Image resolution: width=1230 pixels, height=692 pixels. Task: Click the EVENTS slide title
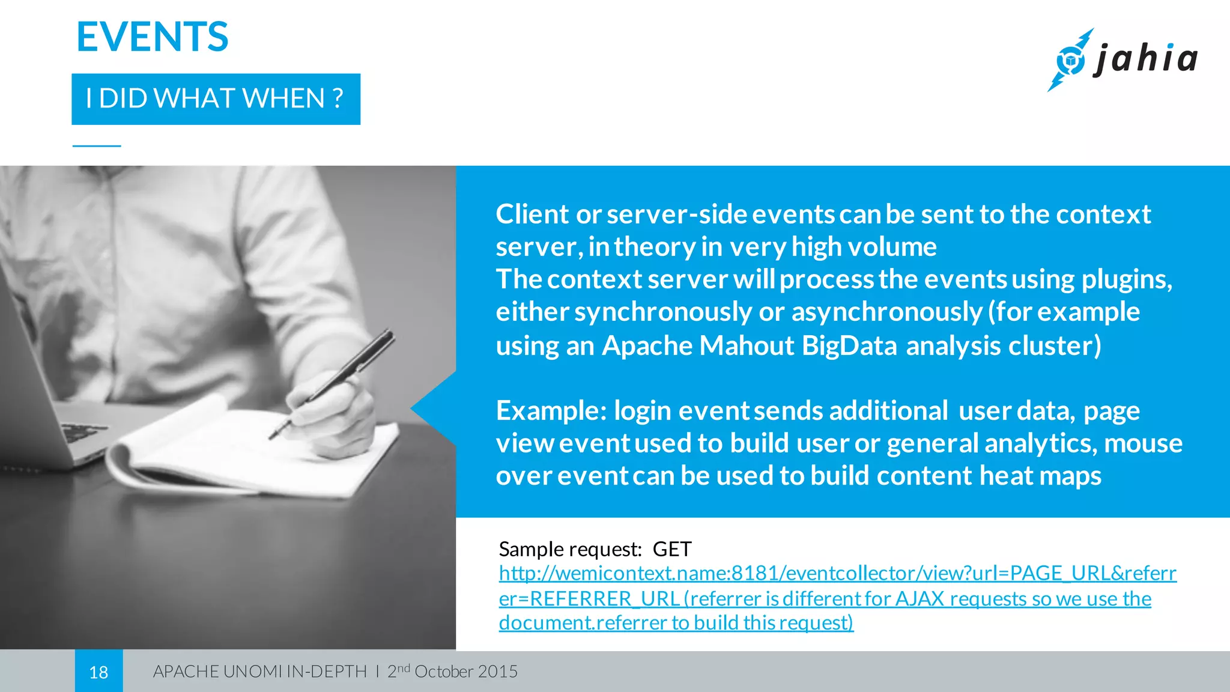tap(153, 37)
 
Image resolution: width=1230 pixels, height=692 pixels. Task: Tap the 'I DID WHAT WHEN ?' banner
tap(216, 99)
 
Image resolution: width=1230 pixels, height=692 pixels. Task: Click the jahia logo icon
tap(1070, 60)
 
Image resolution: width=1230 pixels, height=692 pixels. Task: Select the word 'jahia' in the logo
tap(1146, 59)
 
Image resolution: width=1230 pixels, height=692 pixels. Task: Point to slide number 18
tap(98, 672)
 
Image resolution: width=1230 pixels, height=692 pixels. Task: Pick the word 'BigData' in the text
tap(849, 346)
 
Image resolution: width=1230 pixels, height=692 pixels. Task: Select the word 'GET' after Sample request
tap(672, 549)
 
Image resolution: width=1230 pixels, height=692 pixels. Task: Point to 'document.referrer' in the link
tap(583, 623)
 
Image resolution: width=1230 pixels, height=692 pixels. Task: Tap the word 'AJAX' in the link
tap(919, 599)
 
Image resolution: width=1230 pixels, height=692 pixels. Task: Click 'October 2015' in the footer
tap(465, 672)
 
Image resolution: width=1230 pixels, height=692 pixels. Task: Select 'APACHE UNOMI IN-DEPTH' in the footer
tap(259, 672)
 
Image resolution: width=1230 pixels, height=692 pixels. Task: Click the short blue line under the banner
tap(97, 146)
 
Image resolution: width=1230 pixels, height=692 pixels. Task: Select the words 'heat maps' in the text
tap(1040, 476)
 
